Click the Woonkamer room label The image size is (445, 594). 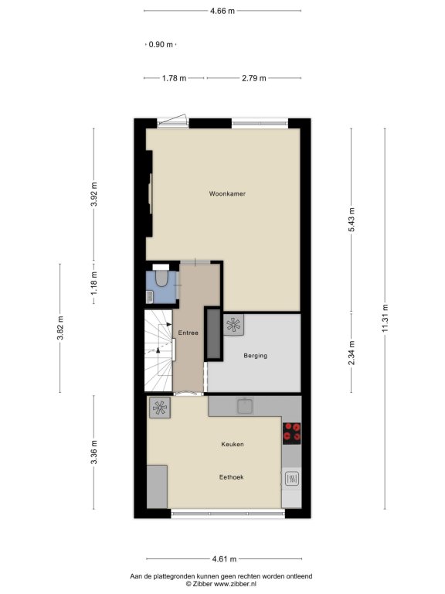pos(227,193)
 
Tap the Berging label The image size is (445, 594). pos(256,356)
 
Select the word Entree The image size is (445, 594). pos(188,333)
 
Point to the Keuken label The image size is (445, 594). pos(233,444)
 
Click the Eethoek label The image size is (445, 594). pos(232,477)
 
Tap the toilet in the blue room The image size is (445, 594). pos(161,277)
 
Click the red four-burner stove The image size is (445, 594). pos(292,433)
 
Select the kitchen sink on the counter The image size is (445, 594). pos(246,406)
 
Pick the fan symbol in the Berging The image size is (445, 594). pos(233,325)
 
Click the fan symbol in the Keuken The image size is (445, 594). pos(160,408)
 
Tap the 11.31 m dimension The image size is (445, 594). pos(386,318)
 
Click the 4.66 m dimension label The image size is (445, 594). pos(222,11)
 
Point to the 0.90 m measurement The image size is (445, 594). pos(161,44)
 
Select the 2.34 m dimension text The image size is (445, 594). pos(352,353)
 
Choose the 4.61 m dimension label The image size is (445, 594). pos(224,558)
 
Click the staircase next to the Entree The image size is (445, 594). pos(158,350)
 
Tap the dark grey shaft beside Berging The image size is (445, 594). pos(213,334)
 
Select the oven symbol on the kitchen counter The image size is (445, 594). pos(292,479)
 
